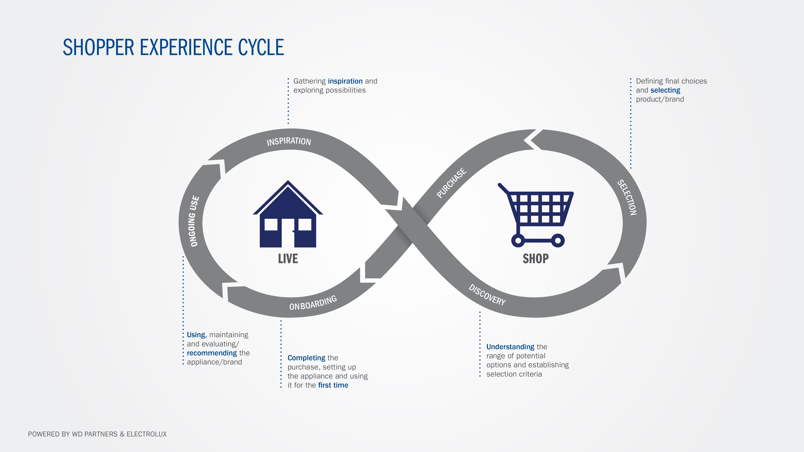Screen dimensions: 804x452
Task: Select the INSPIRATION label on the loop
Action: tap(289, 141)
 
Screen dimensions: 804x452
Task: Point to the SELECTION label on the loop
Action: tap(627, 198)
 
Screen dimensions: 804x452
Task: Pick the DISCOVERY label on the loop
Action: tap(487, 295)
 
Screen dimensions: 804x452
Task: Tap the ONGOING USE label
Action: tap(194, 221)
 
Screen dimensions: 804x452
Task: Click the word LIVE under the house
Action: tap(288, 259)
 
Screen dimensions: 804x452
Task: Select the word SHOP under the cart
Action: tap(536, 259)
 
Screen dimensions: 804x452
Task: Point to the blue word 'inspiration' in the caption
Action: tap(345, 81)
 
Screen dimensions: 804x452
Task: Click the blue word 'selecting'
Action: tap(665, 90)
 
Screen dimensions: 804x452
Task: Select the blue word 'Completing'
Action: tap(306, 358)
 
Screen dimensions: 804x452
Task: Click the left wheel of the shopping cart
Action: tap(518, 241)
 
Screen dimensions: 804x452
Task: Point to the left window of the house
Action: tap(271, 225)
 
